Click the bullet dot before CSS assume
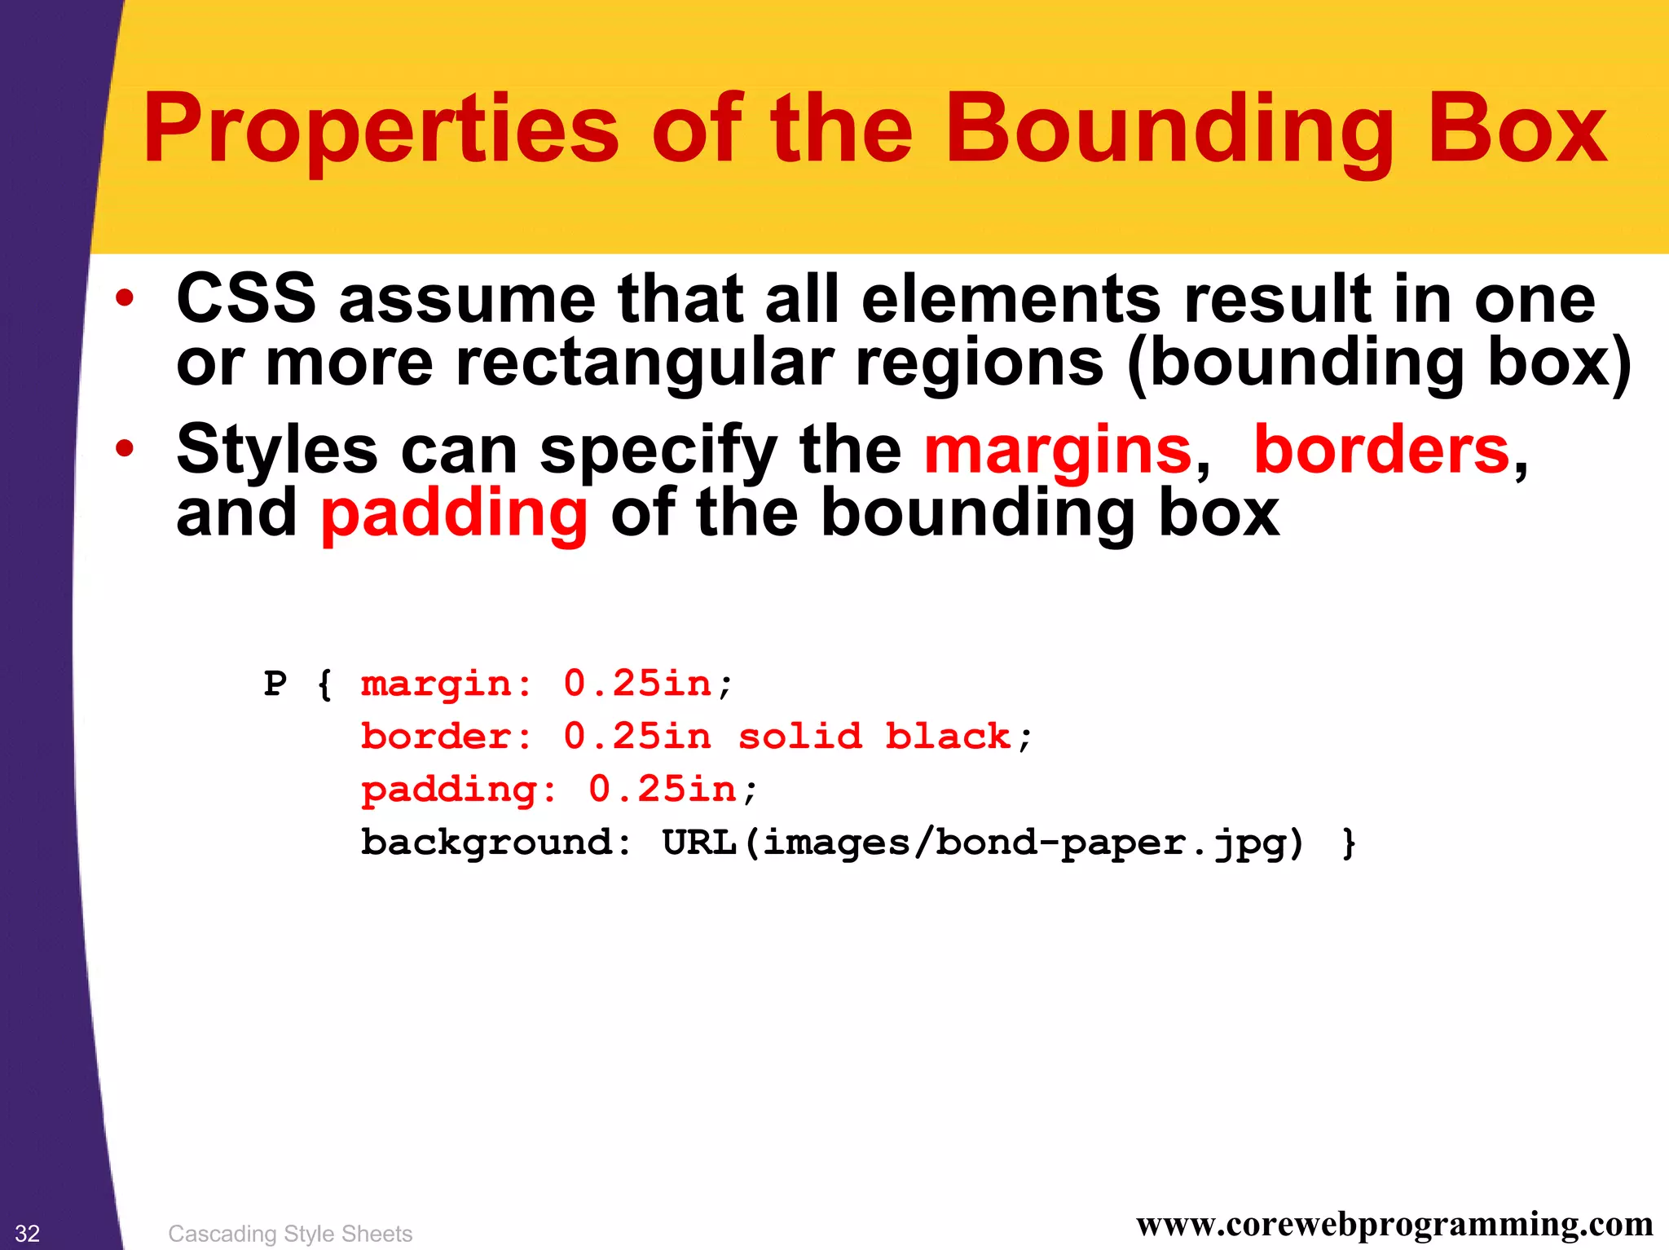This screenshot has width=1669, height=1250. pos(124,298)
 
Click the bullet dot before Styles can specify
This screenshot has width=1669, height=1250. pos(124,448)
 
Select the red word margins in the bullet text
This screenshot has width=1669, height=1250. pos(1058,450)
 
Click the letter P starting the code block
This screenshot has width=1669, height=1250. pos(275,684)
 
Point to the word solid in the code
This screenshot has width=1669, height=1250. pos(799,737)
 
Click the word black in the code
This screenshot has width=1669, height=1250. pos(948,737)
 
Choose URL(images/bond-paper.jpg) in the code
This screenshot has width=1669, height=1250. pos(983,843)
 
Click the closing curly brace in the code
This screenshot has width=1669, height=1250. pos(1350,843)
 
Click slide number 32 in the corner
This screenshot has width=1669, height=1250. pos(28,1233)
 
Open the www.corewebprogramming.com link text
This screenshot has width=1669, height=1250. pos(1394,1225)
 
